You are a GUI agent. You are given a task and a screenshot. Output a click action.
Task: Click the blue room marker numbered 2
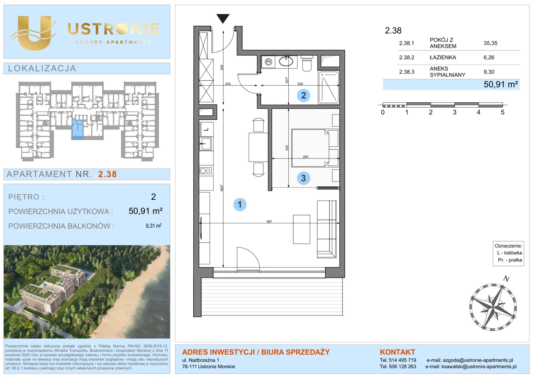[x=303, y=95]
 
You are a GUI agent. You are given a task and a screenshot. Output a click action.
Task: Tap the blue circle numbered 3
[x=303, y=178]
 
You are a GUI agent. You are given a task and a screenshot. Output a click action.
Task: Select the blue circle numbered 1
[x=240, y=204]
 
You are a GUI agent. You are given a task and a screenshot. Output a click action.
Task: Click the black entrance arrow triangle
[x=223, y=19]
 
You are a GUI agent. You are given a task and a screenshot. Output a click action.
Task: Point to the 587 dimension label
[x=269, y=221]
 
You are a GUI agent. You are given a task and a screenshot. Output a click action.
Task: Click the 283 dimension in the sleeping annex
[x=306, y=157]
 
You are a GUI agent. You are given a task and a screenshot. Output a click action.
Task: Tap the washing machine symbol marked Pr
[x=268, y=62]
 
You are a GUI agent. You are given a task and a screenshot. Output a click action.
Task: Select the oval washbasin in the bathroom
[x=286, y=61]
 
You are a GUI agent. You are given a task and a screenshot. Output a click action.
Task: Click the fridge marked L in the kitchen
[x=206, y=129]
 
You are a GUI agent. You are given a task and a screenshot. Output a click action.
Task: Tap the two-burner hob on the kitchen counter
[x=205, y=170]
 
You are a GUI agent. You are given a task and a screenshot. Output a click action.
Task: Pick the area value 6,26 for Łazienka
[x=489, y=57]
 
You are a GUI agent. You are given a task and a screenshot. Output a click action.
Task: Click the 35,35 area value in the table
[x=490, y=43]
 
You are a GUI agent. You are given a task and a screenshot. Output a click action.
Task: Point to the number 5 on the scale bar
[x=503, y=112]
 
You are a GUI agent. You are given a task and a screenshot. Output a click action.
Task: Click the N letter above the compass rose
[x=506, y=279]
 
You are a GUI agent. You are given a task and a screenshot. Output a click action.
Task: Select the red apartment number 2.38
[x=107, y=174]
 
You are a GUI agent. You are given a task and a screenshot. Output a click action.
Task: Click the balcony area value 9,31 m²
[x=153, y=226]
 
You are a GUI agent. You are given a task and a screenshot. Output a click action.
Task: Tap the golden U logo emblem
[x=34, y=33]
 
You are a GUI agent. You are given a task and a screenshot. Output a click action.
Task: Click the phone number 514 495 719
[x=402, y=360]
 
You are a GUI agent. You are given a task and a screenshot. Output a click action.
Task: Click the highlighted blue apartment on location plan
[x=78, y=129]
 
